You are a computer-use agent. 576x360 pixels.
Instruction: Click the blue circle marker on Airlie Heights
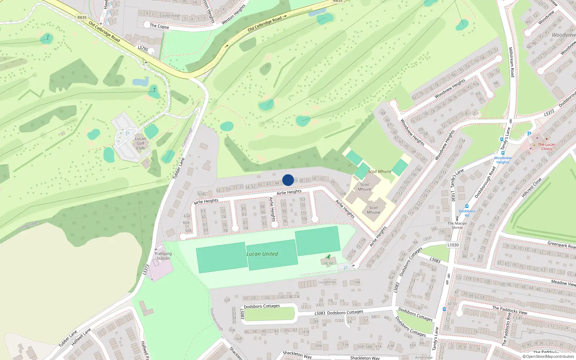click(288, 180)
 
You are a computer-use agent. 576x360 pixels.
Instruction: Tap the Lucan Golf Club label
click(140, 143)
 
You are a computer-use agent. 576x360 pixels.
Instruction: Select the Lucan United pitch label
click(262, 254)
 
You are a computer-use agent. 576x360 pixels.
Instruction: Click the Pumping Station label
click(163, 256)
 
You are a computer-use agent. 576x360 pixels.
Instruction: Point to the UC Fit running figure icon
click(328, 257)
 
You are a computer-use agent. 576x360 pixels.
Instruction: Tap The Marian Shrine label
click(457, 225)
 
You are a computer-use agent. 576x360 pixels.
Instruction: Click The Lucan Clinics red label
click(546, 147)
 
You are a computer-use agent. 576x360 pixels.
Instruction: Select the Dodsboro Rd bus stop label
click(467, 213)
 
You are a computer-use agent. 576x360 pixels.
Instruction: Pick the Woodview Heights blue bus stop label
click(503, 160)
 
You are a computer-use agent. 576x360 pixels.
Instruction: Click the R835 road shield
click(82, 17)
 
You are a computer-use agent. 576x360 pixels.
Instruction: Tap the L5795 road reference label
click(143, 48)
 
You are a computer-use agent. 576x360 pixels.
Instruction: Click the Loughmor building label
click(327, 282)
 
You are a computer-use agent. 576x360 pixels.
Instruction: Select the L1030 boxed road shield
click(453, 245)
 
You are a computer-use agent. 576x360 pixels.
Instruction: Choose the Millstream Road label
click(511, 62)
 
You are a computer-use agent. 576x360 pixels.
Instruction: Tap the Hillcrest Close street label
click(531, 188)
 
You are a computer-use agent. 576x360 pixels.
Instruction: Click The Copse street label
click(159, 26)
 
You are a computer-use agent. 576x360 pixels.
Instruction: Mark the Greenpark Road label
click(561, 245)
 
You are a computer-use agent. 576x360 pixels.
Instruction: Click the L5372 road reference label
click(549, 113)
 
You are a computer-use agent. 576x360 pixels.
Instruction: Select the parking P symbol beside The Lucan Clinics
click(529, 134)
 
